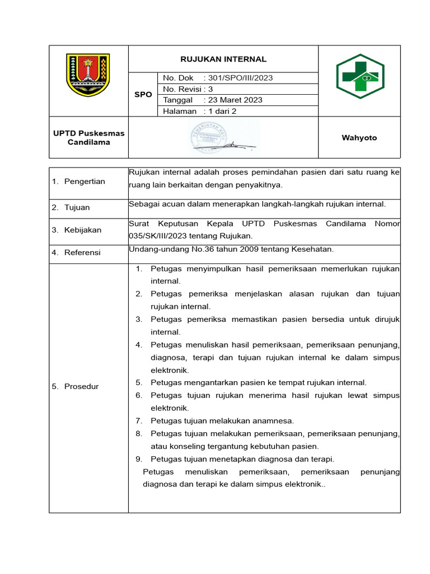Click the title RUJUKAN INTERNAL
tap(223, 59)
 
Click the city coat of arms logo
tap(88, 75)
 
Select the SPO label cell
tap(143, 94)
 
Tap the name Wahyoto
tap(359, 138)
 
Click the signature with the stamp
tap(223, 138)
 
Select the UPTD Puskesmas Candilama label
tap(88, 138)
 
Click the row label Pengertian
tap(84, 182)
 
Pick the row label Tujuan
tap(77, 207)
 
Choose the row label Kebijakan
tap(83, 230)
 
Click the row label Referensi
tap(83, 253)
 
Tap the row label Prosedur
tap(81, 387)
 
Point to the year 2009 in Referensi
tap(261, 249)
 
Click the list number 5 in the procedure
tap(138, 382)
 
